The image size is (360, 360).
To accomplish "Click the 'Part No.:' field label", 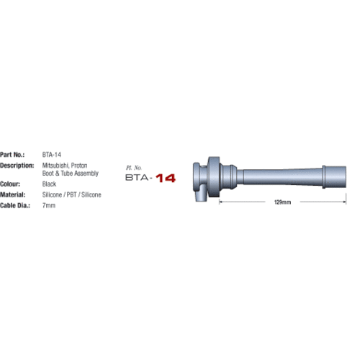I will click(14, 154).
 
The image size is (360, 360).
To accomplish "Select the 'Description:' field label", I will click(18, 165).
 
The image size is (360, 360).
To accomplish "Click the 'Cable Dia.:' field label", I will click(17, 205).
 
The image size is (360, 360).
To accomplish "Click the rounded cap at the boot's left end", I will click(196, 174).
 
